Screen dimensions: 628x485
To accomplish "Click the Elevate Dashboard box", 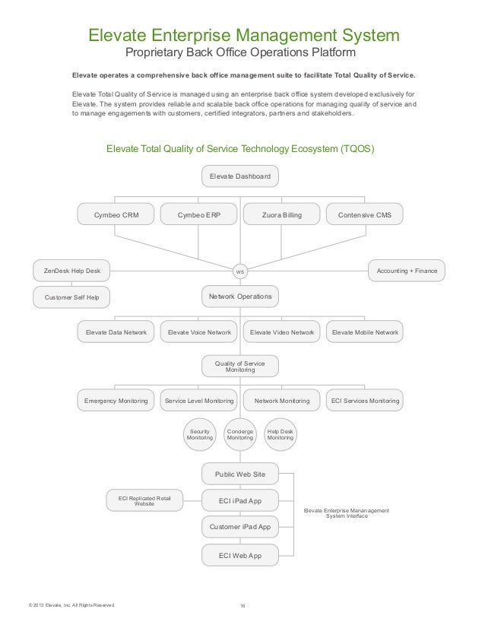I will [239, 176].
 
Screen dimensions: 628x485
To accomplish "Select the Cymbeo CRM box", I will [116, 215].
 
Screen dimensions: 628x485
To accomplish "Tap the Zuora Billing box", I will [281, 215].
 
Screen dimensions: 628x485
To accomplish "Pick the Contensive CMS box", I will [364, 215].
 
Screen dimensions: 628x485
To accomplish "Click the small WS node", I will [239, 271].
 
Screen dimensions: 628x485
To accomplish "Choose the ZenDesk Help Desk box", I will [71, 270].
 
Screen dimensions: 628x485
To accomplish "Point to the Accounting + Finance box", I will [406, 270].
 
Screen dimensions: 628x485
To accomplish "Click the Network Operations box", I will [239, 295].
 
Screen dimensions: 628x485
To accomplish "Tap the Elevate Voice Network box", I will [199, 332].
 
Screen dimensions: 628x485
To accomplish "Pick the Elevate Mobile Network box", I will [365, 332].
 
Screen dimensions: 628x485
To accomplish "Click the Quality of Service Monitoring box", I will [239, 366].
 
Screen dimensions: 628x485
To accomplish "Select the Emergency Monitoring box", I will [116, 400].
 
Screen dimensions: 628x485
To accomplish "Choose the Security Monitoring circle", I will [200, 434].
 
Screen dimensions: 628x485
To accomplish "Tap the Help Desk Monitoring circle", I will [280, 434].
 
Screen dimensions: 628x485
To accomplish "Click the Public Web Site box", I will [239, 474].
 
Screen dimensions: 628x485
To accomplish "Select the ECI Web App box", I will [239, 556].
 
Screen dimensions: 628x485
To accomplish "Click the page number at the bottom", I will [242, 605].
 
